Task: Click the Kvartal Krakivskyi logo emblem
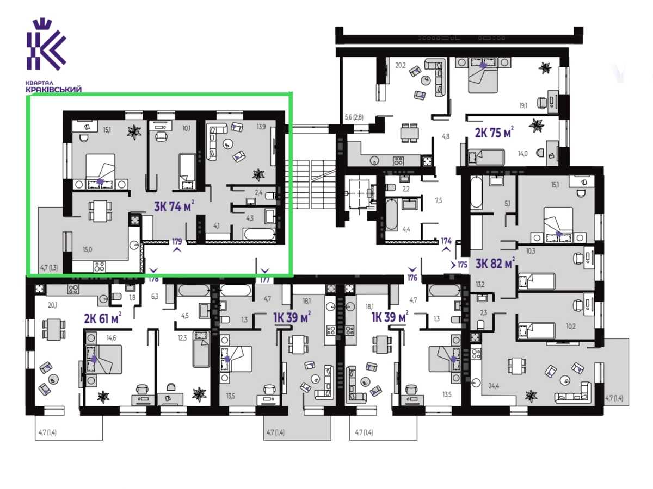pyautogui.click(x=46, y=45)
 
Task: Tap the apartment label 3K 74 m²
pyautogui.click(x=174, y=206)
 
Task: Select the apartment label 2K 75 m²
pyautogui.click(x=494, y=133)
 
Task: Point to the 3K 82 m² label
pyautogui.click(x=495, y=263)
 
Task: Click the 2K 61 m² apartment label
pyautogui.click(x=103, y=318)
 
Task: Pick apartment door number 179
pyautogui.click(x=177, y=241)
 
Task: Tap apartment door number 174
pyautogui.click(x=446, y=241)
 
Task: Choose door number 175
pyautogui.click(x=463, y=264)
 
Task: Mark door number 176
pyautogui.click(x=412, y=278)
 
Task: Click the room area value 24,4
pyautogui.click(x=494, y=386)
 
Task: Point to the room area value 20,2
pyautogui.click(x=401, y=65)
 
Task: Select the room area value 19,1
pyautogui.click(x=523, y=106)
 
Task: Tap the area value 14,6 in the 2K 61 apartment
pyautogui.click(x=111, y=338)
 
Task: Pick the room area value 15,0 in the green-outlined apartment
pyautogui.click(x=87, y=249)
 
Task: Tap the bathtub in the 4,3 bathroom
pyautogui.click(x=259, y=234)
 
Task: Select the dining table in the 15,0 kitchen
pyautogui.click(x=100, y=210)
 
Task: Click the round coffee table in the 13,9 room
pyautogui.click(x=227, y=145)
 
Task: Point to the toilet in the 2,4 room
pyautogui.click(x=270, y=196)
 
